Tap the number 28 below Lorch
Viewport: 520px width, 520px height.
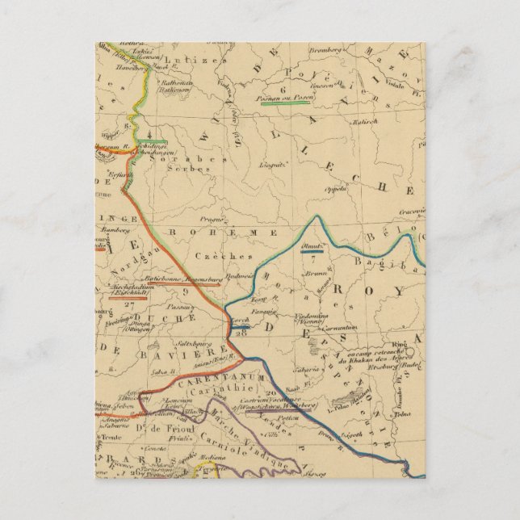point(240,333)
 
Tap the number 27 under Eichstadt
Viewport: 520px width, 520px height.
point(132,306)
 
